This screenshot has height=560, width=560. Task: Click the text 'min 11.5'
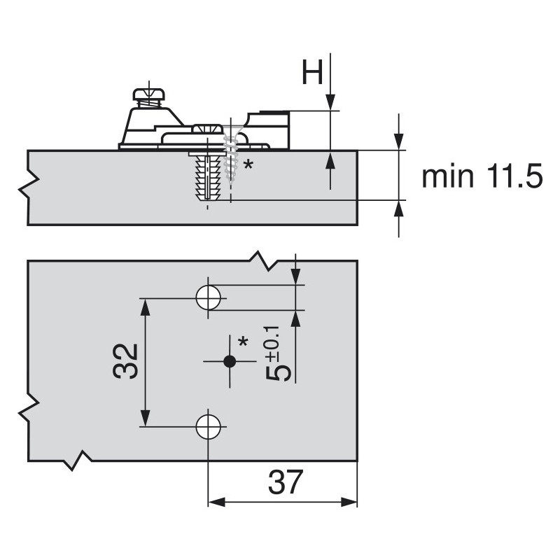coord(482,177)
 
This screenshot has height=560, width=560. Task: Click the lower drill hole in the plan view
coord(208,426)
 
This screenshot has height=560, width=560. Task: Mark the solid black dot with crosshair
coord(228,361)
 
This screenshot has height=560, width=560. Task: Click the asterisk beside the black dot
coord(243,342)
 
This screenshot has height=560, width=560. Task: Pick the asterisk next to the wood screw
coord(246,166)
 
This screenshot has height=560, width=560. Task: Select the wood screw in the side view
coord(230,154)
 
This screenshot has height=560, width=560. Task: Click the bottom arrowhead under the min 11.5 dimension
coord(398,208)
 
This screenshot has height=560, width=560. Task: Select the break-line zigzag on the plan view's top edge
coord(265,260)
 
